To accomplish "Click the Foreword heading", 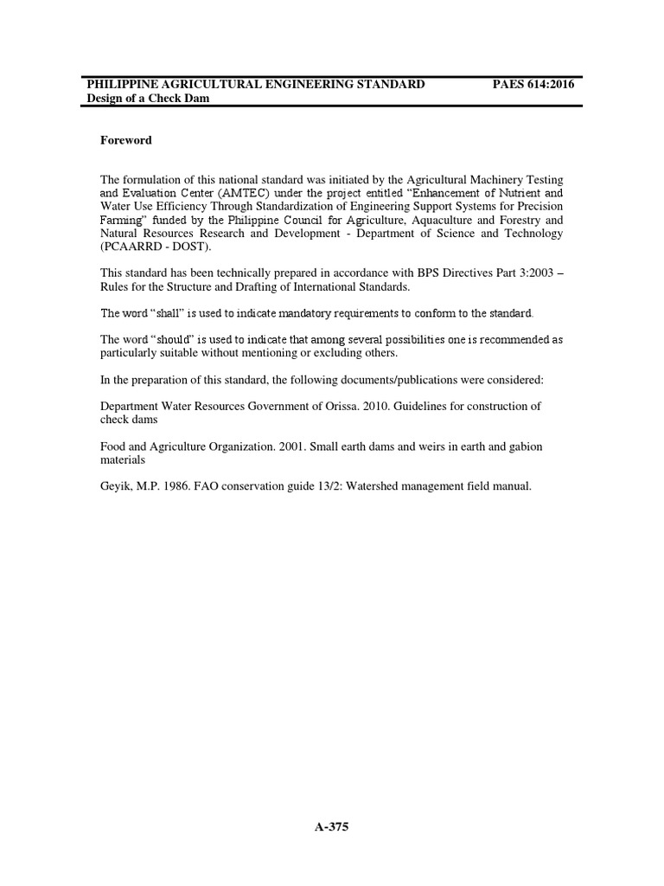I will [x=126, y=140].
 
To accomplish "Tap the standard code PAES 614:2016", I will [x=533, y=84].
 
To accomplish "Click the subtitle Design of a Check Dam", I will [x=149, y=99].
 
